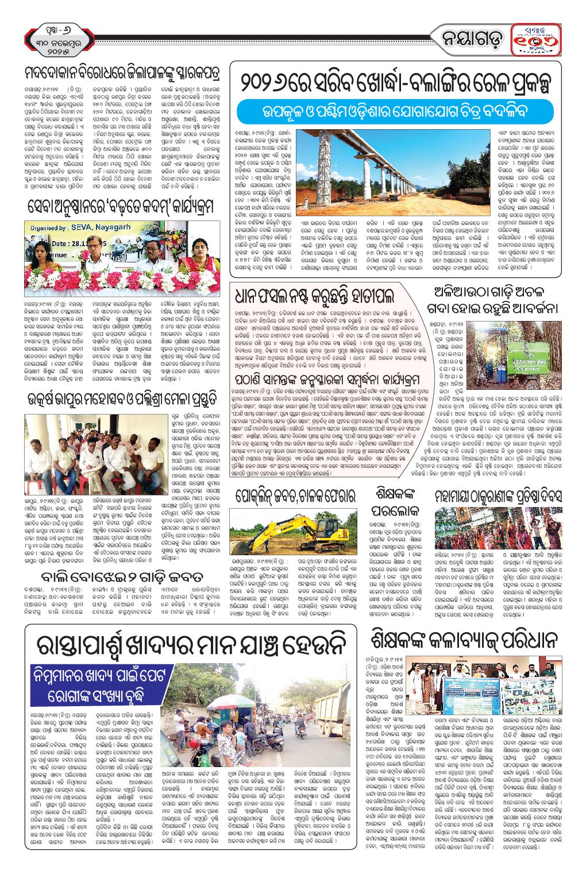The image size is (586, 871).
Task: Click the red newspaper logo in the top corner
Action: (x=535, y=39)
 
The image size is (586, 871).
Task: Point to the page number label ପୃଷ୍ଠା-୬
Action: (x=55, y=28)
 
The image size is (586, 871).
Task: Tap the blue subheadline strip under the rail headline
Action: (x=396, y=111)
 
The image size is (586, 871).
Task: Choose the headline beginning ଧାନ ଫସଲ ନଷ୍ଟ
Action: (x=315, y=296)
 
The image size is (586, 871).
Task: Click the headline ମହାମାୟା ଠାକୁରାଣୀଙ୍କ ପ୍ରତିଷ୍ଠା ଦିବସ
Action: (x=498, y=496)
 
